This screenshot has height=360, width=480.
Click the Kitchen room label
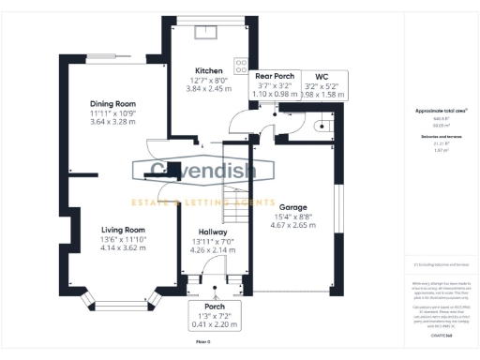point(208,71)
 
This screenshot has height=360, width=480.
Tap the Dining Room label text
point(113,104)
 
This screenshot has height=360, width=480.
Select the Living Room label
point(124,230)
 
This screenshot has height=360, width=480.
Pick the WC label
point(322,75)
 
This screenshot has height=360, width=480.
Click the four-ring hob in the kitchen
point(241,66)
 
